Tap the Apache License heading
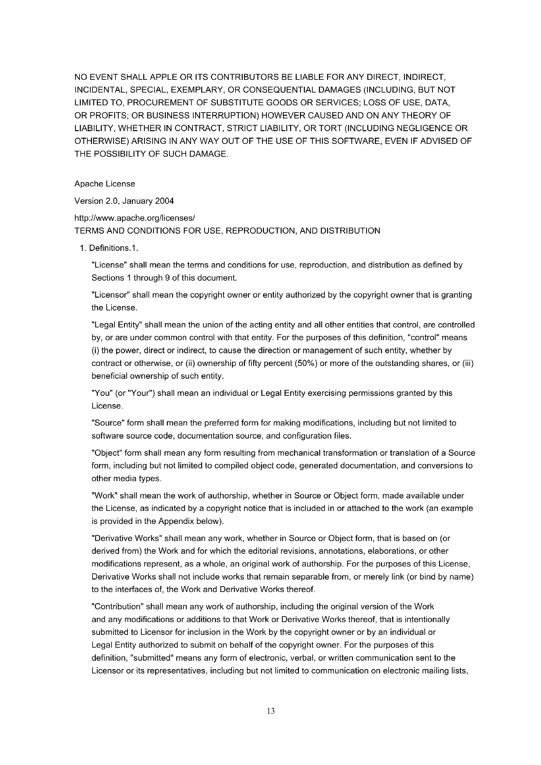pos(105,184)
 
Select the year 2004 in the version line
pos(164,201)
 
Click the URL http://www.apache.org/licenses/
pos(134,218)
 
